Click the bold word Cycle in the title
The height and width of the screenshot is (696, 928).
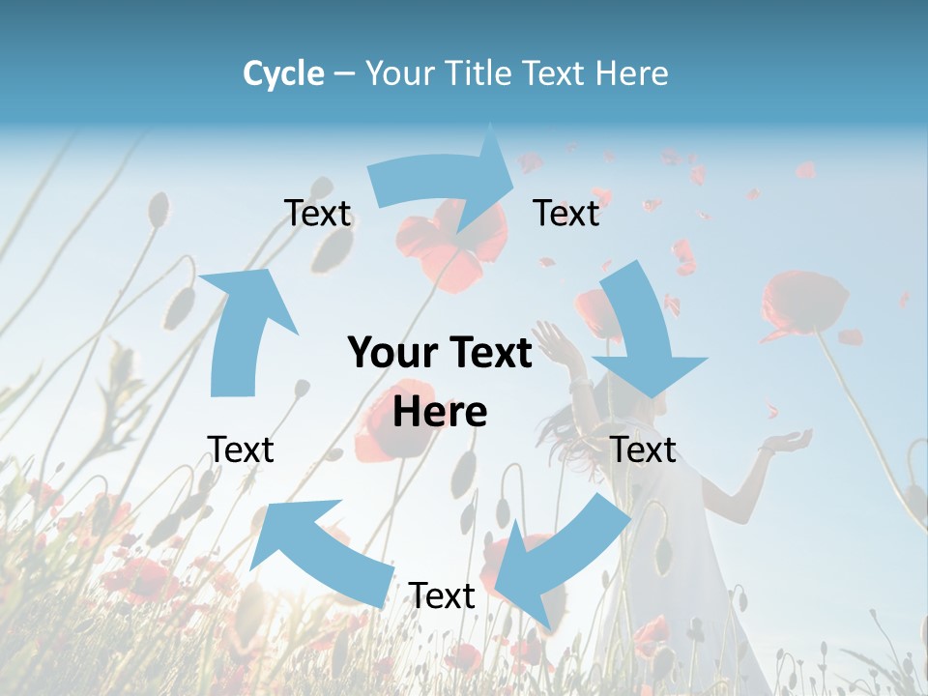(283, 73)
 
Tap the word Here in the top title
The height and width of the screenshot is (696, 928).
(630, 73)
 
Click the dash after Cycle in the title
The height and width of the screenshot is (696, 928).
(344, 74)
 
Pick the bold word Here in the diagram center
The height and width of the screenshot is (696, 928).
(440, 412)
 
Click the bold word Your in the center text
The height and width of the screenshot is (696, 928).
(393, 354)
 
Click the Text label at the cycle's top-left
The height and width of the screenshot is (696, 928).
(317, 214)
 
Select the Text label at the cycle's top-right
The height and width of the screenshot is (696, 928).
(566, 214)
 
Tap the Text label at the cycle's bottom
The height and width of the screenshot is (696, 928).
(442, 596)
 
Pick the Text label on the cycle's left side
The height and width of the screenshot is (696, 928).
(241, 449)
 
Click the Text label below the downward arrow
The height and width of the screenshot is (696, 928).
(643, 449)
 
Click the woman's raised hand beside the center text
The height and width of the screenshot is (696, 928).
(552, 340)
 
